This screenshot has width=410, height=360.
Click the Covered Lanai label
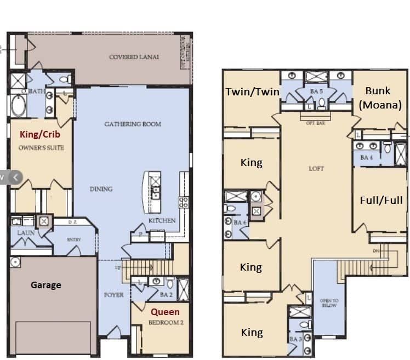(x=134, y=57)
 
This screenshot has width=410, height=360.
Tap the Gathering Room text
(x=133, y=124)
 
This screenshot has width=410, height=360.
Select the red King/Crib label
(x=40, y=134)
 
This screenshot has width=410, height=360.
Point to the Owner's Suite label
(x=41, y=147)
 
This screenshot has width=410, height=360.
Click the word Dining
(x=101, y=189)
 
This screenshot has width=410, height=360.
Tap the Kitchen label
(x=162, y=221)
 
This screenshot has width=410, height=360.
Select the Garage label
(x=45, y=285)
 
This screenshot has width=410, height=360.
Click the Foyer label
(x=114, y=295)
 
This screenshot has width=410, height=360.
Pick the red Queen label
(x=165, y=312)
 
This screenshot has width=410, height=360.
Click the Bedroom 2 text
(x=166, y=323)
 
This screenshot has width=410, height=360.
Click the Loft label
(x=316, y=169)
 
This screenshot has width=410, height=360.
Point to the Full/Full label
(x=381, y=200)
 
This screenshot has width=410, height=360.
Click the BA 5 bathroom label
(x=316, y=92)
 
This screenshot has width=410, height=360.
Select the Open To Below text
(x=329, y=303)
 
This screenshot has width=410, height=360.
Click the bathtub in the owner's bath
(x=18, y=106)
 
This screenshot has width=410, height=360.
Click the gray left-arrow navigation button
(x=16, y=177)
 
